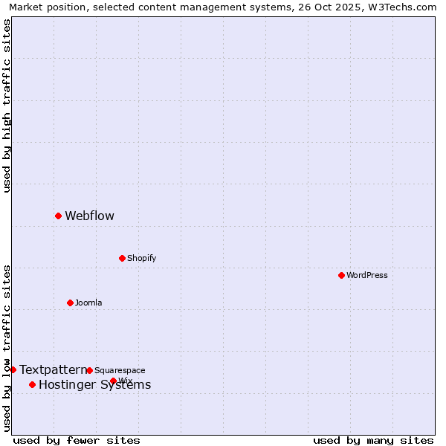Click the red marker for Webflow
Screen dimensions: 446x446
pyautogui.click(x=58, y=216)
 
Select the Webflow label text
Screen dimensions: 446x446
pyautogui.click(x=89, y=216)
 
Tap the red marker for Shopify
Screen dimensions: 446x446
pyautogui.click(x=122, y=258)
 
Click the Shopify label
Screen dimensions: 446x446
pyautogui.click(x=141, y=259)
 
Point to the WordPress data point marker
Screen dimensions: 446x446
pyautogui.click(x=341, y=275)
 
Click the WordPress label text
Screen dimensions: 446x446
pyautogui.click(x=367, y=276)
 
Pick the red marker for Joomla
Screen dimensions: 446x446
pyautogui.click(x=70, y=303)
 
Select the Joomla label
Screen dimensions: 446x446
pyautogui.click(x=88, y=303)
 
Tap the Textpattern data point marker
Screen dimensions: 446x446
pyautogui.click(x=13, y=369)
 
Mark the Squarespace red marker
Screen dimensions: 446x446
pyautogui.click(x=89, y=370)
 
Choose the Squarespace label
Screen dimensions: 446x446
pyautogui.click(x=120, y=371)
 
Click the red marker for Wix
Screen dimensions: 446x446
pyautogui.click(x=113, y=381)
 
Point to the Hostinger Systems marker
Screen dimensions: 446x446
pyautogui.click(x=32, y=384)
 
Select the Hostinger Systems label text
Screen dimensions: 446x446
pyautogui.click(x=94, y=385)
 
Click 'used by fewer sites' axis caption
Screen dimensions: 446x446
pyautogui.click(x=77, y=440)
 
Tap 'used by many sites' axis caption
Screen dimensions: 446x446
pyautogui.click(x=373, y=440)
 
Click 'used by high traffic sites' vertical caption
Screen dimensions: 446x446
pyautogui.click(x=7, y=106)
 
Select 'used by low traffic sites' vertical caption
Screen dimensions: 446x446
pyautogui.click(x=7, y=348)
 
